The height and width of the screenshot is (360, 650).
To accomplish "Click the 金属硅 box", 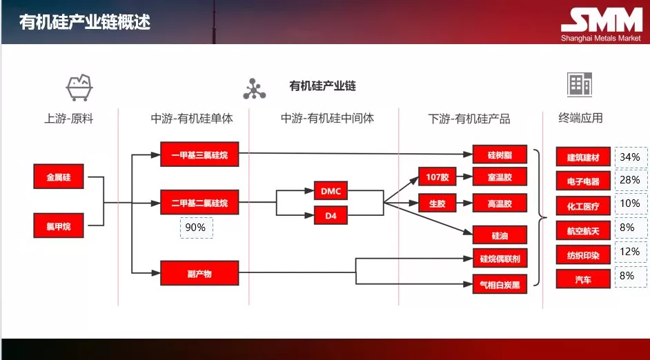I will pyautogui.click(x=59, y=177).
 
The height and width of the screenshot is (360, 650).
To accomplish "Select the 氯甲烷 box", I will pyautogui.click(x=59, y=226).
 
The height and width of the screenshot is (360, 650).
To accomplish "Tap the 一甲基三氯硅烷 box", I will pyautogui.click(x=199, y=154).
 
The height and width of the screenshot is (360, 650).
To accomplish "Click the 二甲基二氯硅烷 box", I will pyautogui.click(x=199, y=203).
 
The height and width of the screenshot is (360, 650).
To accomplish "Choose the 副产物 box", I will pyautogui.click(x=199, y=273).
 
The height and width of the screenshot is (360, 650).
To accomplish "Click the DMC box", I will pyautogui.click(x=331, y=190).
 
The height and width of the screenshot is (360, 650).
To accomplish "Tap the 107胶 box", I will pyautogui.click(x=437, y=177).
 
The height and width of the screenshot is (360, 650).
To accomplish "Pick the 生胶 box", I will pyautogui.click(x=437, y=203).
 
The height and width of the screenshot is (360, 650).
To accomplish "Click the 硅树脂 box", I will pyautogui.click(x=500, y=154).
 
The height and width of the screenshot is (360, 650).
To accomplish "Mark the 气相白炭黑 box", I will pyautogui.click(x=500, y=283).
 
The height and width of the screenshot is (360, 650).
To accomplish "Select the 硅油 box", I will pyautogui.click(x=500, y=235).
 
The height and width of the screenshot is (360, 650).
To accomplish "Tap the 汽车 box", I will pyautogui.click(x=583, y=279).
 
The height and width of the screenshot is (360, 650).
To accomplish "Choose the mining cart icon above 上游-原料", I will pyautogui.click(x=79, y=87).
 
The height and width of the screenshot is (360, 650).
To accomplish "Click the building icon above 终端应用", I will pyautogui.click(x=580, y=85).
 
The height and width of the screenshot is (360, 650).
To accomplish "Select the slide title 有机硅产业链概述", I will pyautogui.click(x=85, y=23).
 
